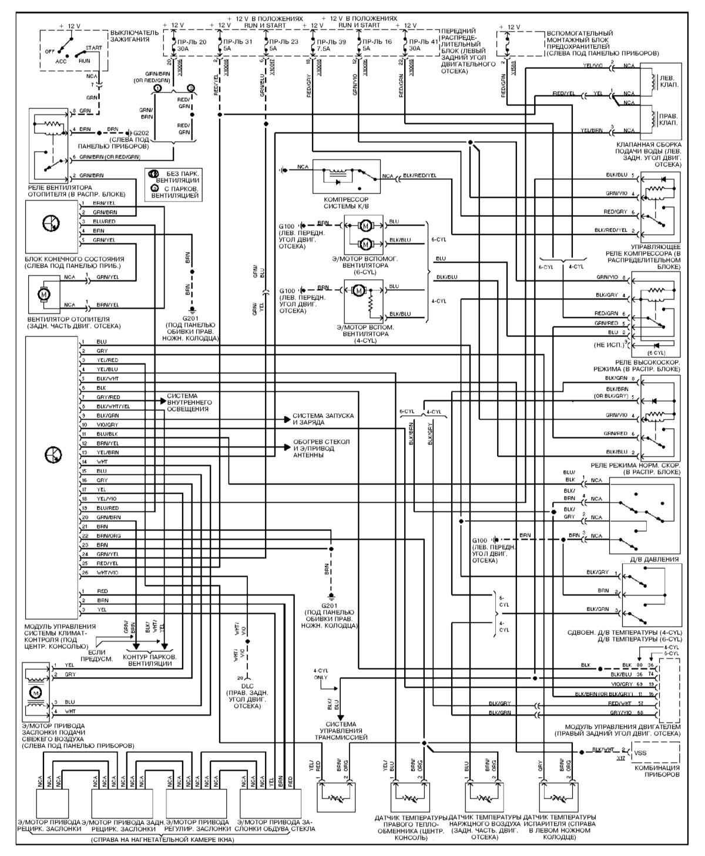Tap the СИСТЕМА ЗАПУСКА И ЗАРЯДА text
[x=323, y=419]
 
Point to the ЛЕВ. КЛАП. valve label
[x=667, y=81]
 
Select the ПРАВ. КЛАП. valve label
[x=667, y=119]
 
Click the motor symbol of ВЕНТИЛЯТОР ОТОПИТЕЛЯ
[x=44, y=291]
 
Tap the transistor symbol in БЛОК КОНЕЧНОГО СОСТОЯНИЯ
[x=51, y=223]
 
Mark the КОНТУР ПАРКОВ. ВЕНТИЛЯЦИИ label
[x=150, y=659]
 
